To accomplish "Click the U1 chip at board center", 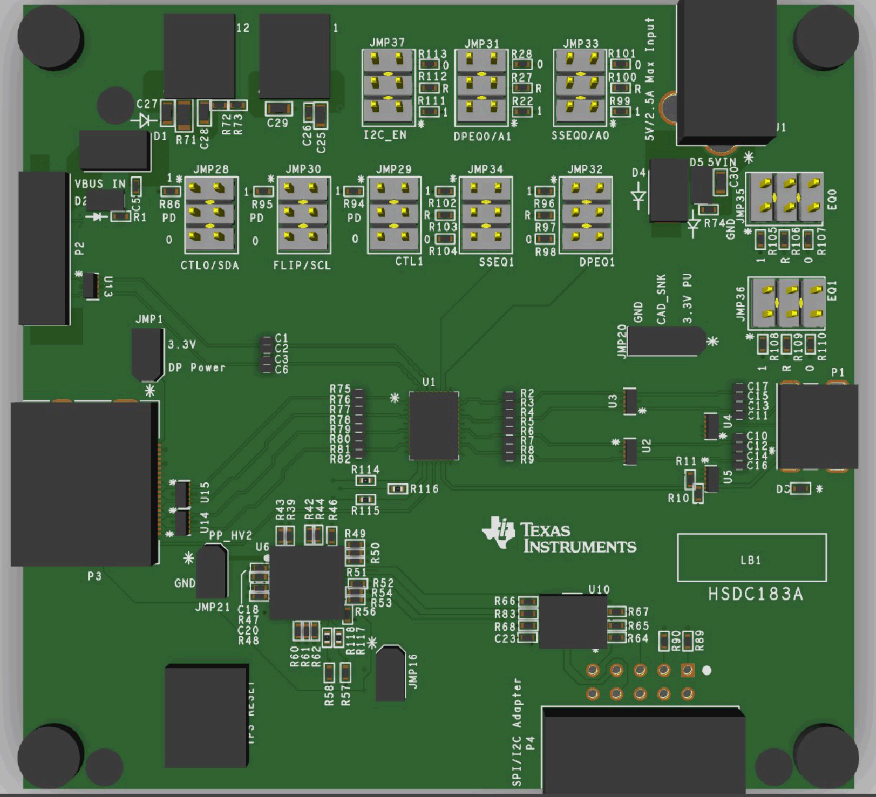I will point(433,426).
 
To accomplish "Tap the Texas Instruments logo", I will point(559,537).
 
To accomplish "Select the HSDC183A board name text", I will point(755,594).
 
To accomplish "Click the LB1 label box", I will point(751,558).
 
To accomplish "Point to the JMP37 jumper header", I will point(387,88).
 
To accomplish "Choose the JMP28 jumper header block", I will point(212,215).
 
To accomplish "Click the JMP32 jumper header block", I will point(586,215).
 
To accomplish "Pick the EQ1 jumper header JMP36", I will point(786,303).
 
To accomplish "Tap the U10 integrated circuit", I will point(573,622).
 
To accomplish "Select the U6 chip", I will point(306,582).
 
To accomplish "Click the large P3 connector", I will point(84,484).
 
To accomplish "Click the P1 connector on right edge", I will point(817,426).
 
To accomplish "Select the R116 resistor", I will point(397,489).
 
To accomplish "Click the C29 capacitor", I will point(278,108).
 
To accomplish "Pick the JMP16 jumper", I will point(391,673).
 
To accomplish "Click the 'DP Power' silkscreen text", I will point(197,367).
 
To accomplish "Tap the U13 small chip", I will point(91,285).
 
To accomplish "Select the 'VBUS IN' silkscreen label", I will point(100,184).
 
